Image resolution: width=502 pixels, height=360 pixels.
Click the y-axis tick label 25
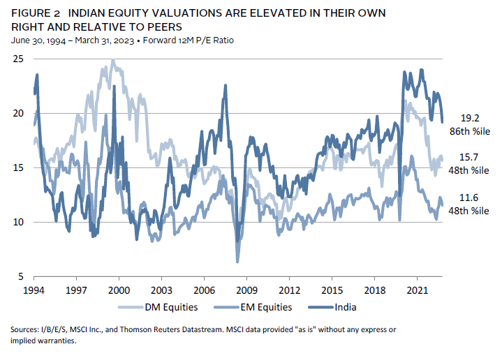[18, 59]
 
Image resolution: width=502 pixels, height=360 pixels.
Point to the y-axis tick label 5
[21, 276]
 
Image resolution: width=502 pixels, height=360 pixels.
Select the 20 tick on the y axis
[18, 114]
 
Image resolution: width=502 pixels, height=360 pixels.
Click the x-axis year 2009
[246, 288]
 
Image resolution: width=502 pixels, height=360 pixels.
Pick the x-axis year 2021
[417, 288]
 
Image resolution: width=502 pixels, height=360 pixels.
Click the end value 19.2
[470, 118]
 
